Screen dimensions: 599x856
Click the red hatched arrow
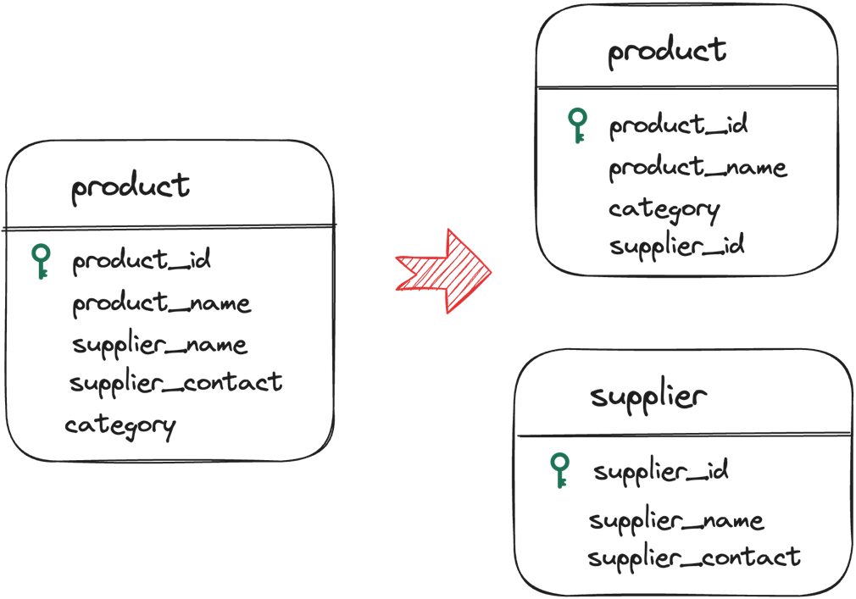[x=445, y=271]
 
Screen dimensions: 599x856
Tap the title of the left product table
[x=131, y=186]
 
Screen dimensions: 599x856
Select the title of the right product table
[x=667, y=51]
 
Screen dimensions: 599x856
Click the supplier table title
[x=648, y=396]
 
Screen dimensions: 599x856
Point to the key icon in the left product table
[x=41, y=261]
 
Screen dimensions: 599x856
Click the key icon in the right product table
[x=577, y=125]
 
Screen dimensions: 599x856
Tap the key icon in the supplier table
[x=559, y=470]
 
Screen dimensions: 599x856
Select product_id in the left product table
[x=142, y=260]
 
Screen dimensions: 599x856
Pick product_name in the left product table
[x=161, y=302]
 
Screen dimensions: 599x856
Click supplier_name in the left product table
[x=159, y=345]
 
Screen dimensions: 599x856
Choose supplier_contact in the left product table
[x=175, y=383]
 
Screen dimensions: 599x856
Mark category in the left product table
[x=120, y=425]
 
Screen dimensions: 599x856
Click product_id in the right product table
[x=678, y=125]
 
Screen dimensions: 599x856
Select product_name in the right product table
[x=698, y=168]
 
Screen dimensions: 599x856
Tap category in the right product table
[x=664, y=209]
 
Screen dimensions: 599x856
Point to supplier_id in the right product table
[x=676, y=247]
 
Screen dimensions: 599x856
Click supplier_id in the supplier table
[x=660, y=470]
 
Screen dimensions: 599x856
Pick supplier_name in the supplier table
[x=676, y=519]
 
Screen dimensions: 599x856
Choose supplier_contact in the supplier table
[x=693, y=557]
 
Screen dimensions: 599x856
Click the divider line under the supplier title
[x=683, y=435]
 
